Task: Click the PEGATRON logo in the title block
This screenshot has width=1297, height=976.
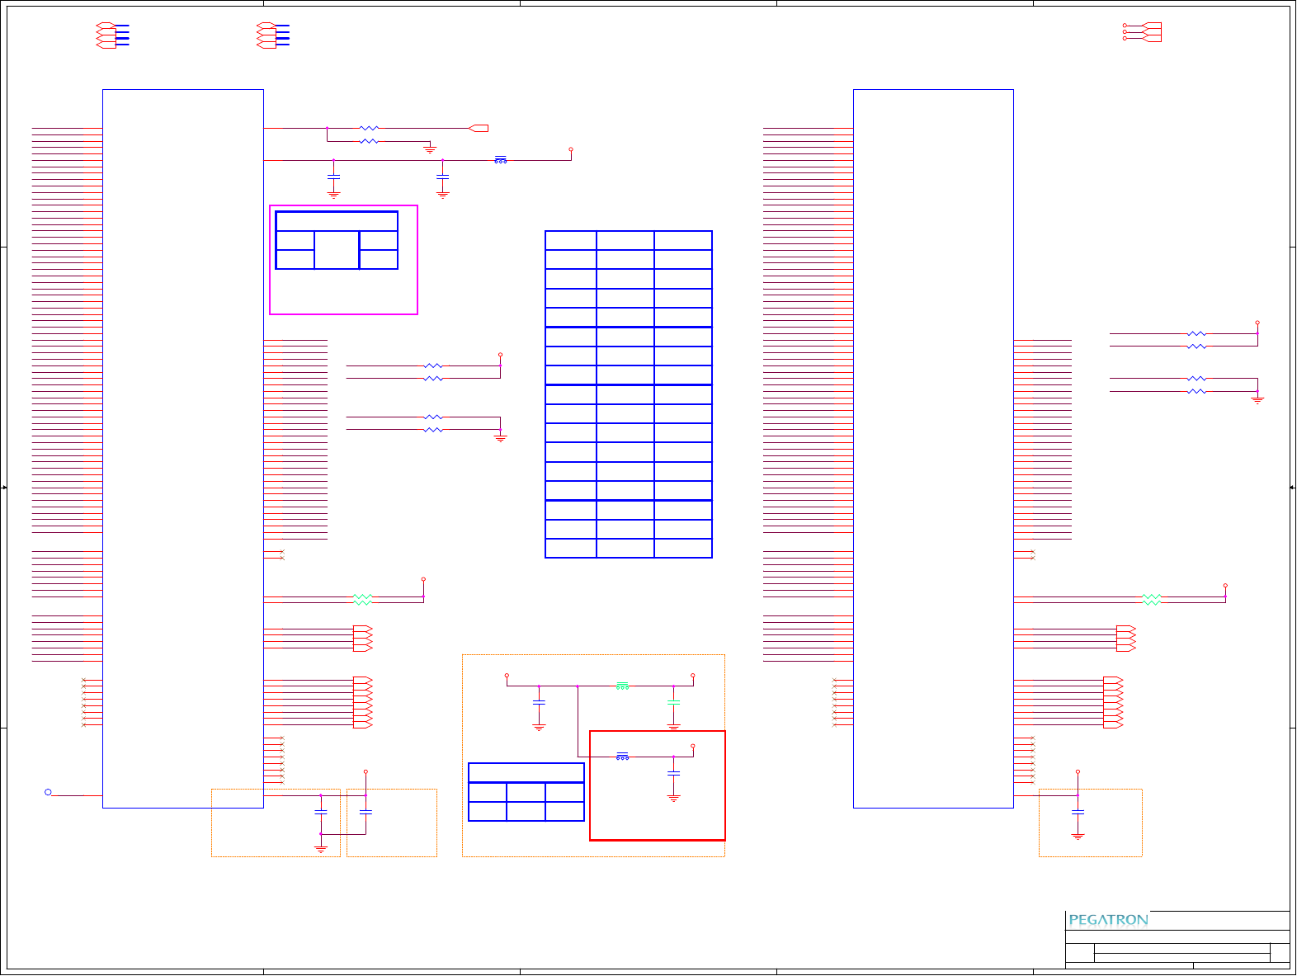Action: (1108, 920)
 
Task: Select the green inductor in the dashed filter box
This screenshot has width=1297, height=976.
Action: (622, 686)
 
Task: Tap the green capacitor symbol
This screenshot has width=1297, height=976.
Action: (673, 703)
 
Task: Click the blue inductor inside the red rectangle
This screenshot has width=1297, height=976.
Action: (622, 756)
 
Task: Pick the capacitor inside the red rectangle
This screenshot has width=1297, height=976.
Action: (673, 773)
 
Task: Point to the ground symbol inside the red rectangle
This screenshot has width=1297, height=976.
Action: (673, 798)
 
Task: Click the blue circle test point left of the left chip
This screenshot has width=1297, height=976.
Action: (48, 792)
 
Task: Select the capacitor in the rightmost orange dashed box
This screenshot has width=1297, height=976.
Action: (1078, 812)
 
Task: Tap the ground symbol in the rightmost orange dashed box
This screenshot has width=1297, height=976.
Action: (1078, 836)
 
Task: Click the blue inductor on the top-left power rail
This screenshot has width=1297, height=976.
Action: (500, 160)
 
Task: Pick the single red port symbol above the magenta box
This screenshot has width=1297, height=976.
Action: (479, 128)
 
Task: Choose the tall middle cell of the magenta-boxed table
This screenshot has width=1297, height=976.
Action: (337, 250)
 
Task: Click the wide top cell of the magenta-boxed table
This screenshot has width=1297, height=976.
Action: (337, 221)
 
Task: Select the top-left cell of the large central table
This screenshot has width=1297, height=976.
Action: (571, 241)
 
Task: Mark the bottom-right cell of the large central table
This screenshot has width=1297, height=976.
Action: (683, 548)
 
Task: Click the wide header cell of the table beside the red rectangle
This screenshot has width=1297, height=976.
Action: (526, 773)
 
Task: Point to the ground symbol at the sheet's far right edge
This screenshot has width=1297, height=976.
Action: (1257, 399)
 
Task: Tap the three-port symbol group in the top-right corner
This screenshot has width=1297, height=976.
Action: (1143, 32)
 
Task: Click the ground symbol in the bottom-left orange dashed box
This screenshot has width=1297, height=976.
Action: (321, 848)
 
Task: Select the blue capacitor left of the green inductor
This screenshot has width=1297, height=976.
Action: (539, 703)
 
